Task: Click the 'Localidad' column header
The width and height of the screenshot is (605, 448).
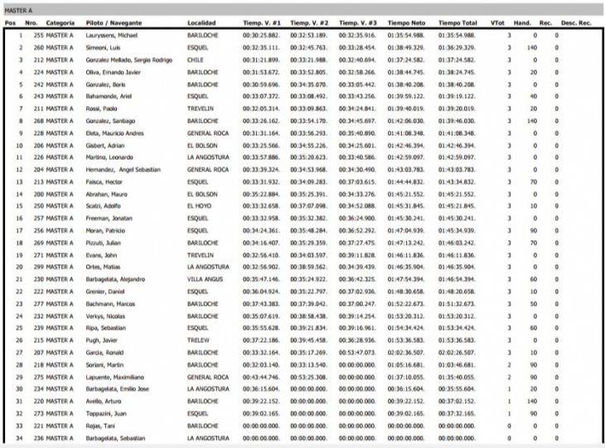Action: point(204,23)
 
